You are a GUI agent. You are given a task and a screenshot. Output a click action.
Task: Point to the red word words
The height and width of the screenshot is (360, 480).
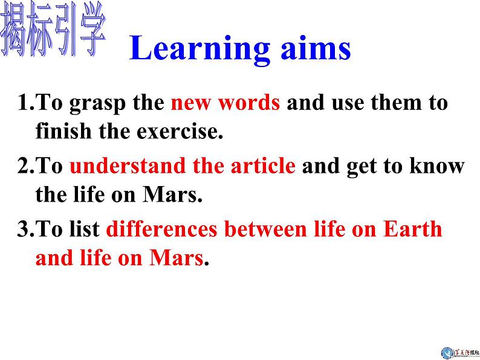point(250,103)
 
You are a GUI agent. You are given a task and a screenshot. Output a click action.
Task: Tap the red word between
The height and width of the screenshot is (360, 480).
point(269,230)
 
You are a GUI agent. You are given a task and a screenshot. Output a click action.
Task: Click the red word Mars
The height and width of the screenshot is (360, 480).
point(175,258)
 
